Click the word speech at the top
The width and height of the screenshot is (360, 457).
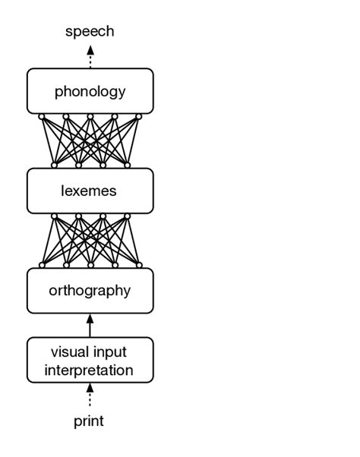(90, 31)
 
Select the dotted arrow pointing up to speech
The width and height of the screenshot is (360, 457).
(90, 56)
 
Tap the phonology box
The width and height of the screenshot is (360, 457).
(90, 92)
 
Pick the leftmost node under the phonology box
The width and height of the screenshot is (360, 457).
(42, 116)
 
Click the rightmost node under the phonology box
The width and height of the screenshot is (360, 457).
(139, 116)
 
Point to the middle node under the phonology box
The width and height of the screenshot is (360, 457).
(90, 116)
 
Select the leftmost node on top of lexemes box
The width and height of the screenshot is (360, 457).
(54, 165)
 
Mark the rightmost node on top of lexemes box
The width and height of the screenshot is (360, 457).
(127, 165)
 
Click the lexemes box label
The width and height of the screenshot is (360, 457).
(89, 191)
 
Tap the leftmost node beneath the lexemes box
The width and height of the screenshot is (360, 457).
(54, 216)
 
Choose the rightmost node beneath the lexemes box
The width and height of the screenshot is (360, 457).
(127, 216)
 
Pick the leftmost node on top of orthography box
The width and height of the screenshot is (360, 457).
(42, 265)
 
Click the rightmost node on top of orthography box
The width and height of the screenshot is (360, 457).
(139, 265)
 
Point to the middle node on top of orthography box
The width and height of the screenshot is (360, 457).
(90, 265)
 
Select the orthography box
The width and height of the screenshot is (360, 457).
(90, 290)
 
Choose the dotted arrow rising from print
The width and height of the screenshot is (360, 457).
(90, 397)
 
